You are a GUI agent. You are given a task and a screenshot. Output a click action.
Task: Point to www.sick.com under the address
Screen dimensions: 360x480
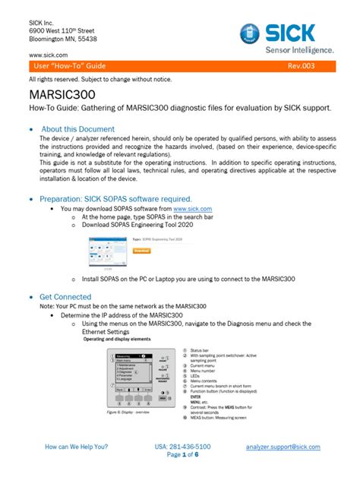point(49,55)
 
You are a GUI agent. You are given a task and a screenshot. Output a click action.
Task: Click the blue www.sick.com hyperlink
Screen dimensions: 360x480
point(192,208)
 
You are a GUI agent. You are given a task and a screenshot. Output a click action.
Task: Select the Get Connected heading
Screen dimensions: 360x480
point(65,297)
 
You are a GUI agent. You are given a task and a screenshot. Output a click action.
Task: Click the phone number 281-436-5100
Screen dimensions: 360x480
point(182,447)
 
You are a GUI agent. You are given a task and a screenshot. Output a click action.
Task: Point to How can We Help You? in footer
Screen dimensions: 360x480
point(77,447)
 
